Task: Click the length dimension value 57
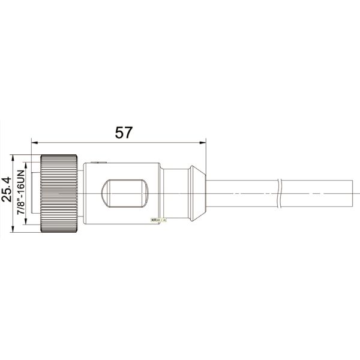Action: pyautogui.click(x=123, y=133)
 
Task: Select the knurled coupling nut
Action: pyautogui.click(x=59, y=193)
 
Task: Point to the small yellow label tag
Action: pyautogui.click(x=159, y=220)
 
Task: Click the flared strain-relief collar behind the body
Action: pyautogui.click(x=197, y=193)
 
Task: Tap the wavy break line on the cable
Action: pyautogui.click(x=280, y=193)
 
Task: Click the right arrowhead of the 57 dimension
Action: pyautogui.click(x=203, y=143)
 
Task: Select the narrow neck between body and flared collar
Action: pyautogui.click(x=175, y=193)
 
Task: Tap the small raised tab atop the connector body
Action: pyautogui.click(x=96, y=161)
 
